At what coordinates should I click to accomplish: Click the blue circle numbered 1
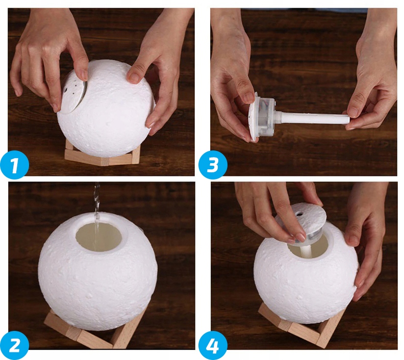[15, 165]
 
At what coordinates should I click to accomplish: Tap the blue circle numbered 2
[15, 345]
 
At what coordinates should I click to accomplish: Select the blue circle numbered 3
[213, 165]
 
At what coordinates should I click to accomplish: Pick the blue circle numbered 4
[213, 345]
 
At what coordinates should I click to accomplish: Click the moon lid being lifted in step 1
[73, 96]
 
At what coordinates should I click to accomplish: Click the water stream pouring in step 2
[96, 216]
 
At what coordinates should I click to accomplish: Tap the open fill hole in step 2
[98, 238]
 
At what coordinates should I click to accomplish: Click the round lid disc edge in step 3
[253, 117]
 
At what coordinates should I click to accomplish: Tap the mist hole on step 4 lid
[299, 214]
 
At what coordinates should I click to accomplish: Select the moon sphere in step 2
[97, 270]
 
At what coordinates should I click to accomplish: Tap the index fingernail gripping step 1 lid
[83, 74]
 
